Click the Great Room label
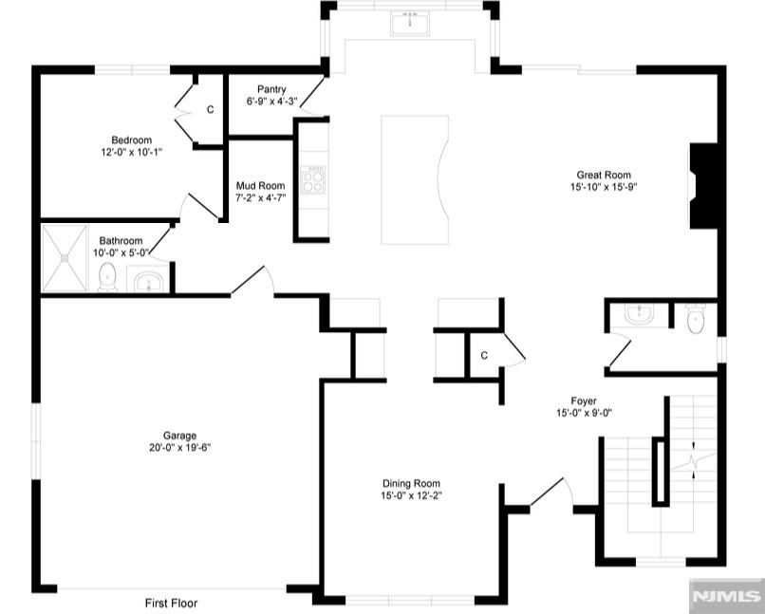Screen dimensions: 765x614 tap(604, 175)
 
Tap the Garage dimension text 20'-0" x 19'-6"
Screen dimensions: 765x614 tap(180, 448)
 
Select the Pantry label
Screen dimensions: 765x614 tap(271, 89)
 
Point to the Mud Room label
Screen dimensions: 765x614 tap(260, 186)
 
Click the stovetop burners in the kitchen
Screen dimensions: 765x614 tap(312, 179)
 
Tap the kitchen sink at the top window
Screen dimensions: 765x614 tap(410, 24)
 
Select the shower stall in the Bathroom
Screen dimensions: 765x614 tap(64, 258)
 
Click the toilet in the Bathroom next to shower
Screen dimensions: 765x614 tap(107, 277)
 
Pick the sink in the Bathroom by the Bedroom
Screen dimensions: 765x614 tap(148, 279)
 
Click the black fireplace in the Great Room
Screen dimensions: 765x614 tap(703, 185)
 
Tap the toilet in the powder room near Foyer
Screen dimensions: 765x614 tap(695, 319)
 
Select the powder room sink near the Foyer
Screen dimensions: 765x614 tap(640, 314)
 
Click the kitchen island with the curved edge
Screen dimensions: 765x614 tap(415, 179)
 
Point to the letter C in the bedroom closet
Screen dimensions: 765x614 tap(211, 110)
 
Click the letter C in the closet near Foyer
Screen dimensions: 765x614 tap(484, 356)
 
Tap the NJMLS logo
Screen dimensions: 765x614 tap(727, 596)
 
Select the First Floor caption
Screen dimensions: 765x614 tap(171, 604)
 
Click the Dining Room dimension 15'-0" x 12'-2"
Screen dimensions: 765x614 tap(411, 496)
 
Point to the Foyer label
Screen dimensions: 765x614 tap(584, 400)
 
